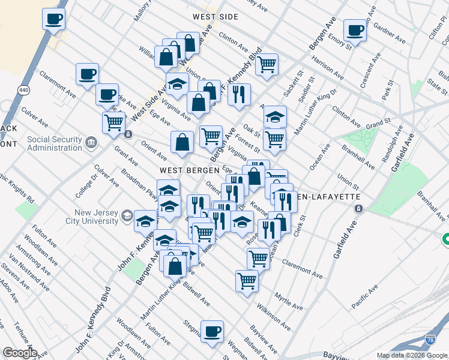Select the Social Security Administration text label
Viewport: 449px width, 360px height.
[54, 144]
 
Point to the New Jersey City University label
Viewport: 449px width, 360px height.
[97, 216]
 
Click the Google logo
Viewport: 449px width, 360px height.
[20, 353]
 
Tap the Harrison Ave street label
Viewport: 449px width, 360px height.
[327, 69]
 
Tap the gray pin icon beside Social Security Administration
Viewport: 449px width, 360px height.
[91, 142]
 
